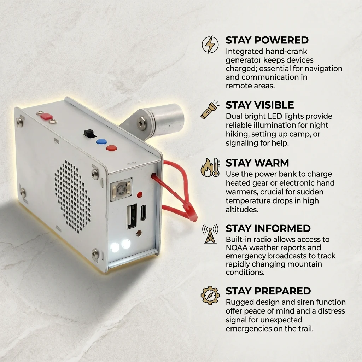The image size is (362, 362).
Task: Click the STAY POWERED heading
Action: tap(267, 40)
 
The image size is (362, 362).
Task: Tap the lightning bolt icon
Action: tap(210, 45)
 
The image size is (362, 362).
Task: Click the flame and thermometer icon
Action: tap(210, 168)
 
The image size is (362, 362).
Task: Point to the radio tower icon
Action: tap(210, 233)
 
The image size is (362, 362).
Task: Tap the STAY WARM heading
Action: tap(257, 163)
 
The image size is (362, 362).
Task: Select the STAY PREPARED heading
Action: tap(268, 291)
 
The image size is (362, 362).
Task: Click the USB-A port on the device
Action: tap(132, 216)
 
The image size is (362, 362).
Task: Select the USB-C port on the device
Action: tap(143, 213)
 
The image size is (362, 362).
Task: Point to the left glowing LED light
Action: tap(115, 247)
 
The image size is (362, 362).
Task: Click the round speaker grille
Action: tap(73, 196)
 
